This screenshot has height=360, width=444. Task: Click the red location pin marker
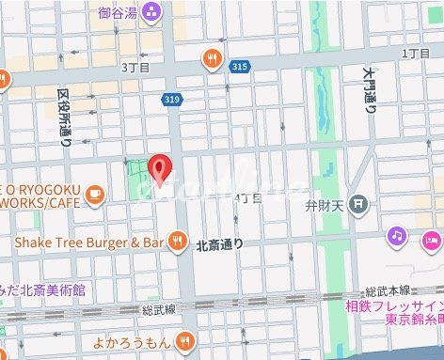(161, 166)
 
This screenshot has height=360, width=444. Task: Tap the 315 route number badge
(240, 66)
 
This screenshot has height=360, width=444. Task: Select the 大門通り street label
(372, 90)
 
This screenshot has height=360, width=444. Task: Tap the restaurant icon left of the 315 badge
(213, 60)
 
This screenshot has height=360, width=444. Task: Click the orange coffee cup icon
(94, 194)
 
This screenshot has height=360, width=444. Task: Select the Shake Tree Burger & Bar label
(89, 243)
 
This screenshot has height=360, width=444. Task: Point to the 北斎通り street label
(219, 244)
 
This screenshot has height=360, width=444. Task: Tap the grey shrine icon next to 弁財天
(357, 203)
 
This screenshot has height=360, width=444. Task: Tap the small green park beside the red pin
(137, 179)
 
